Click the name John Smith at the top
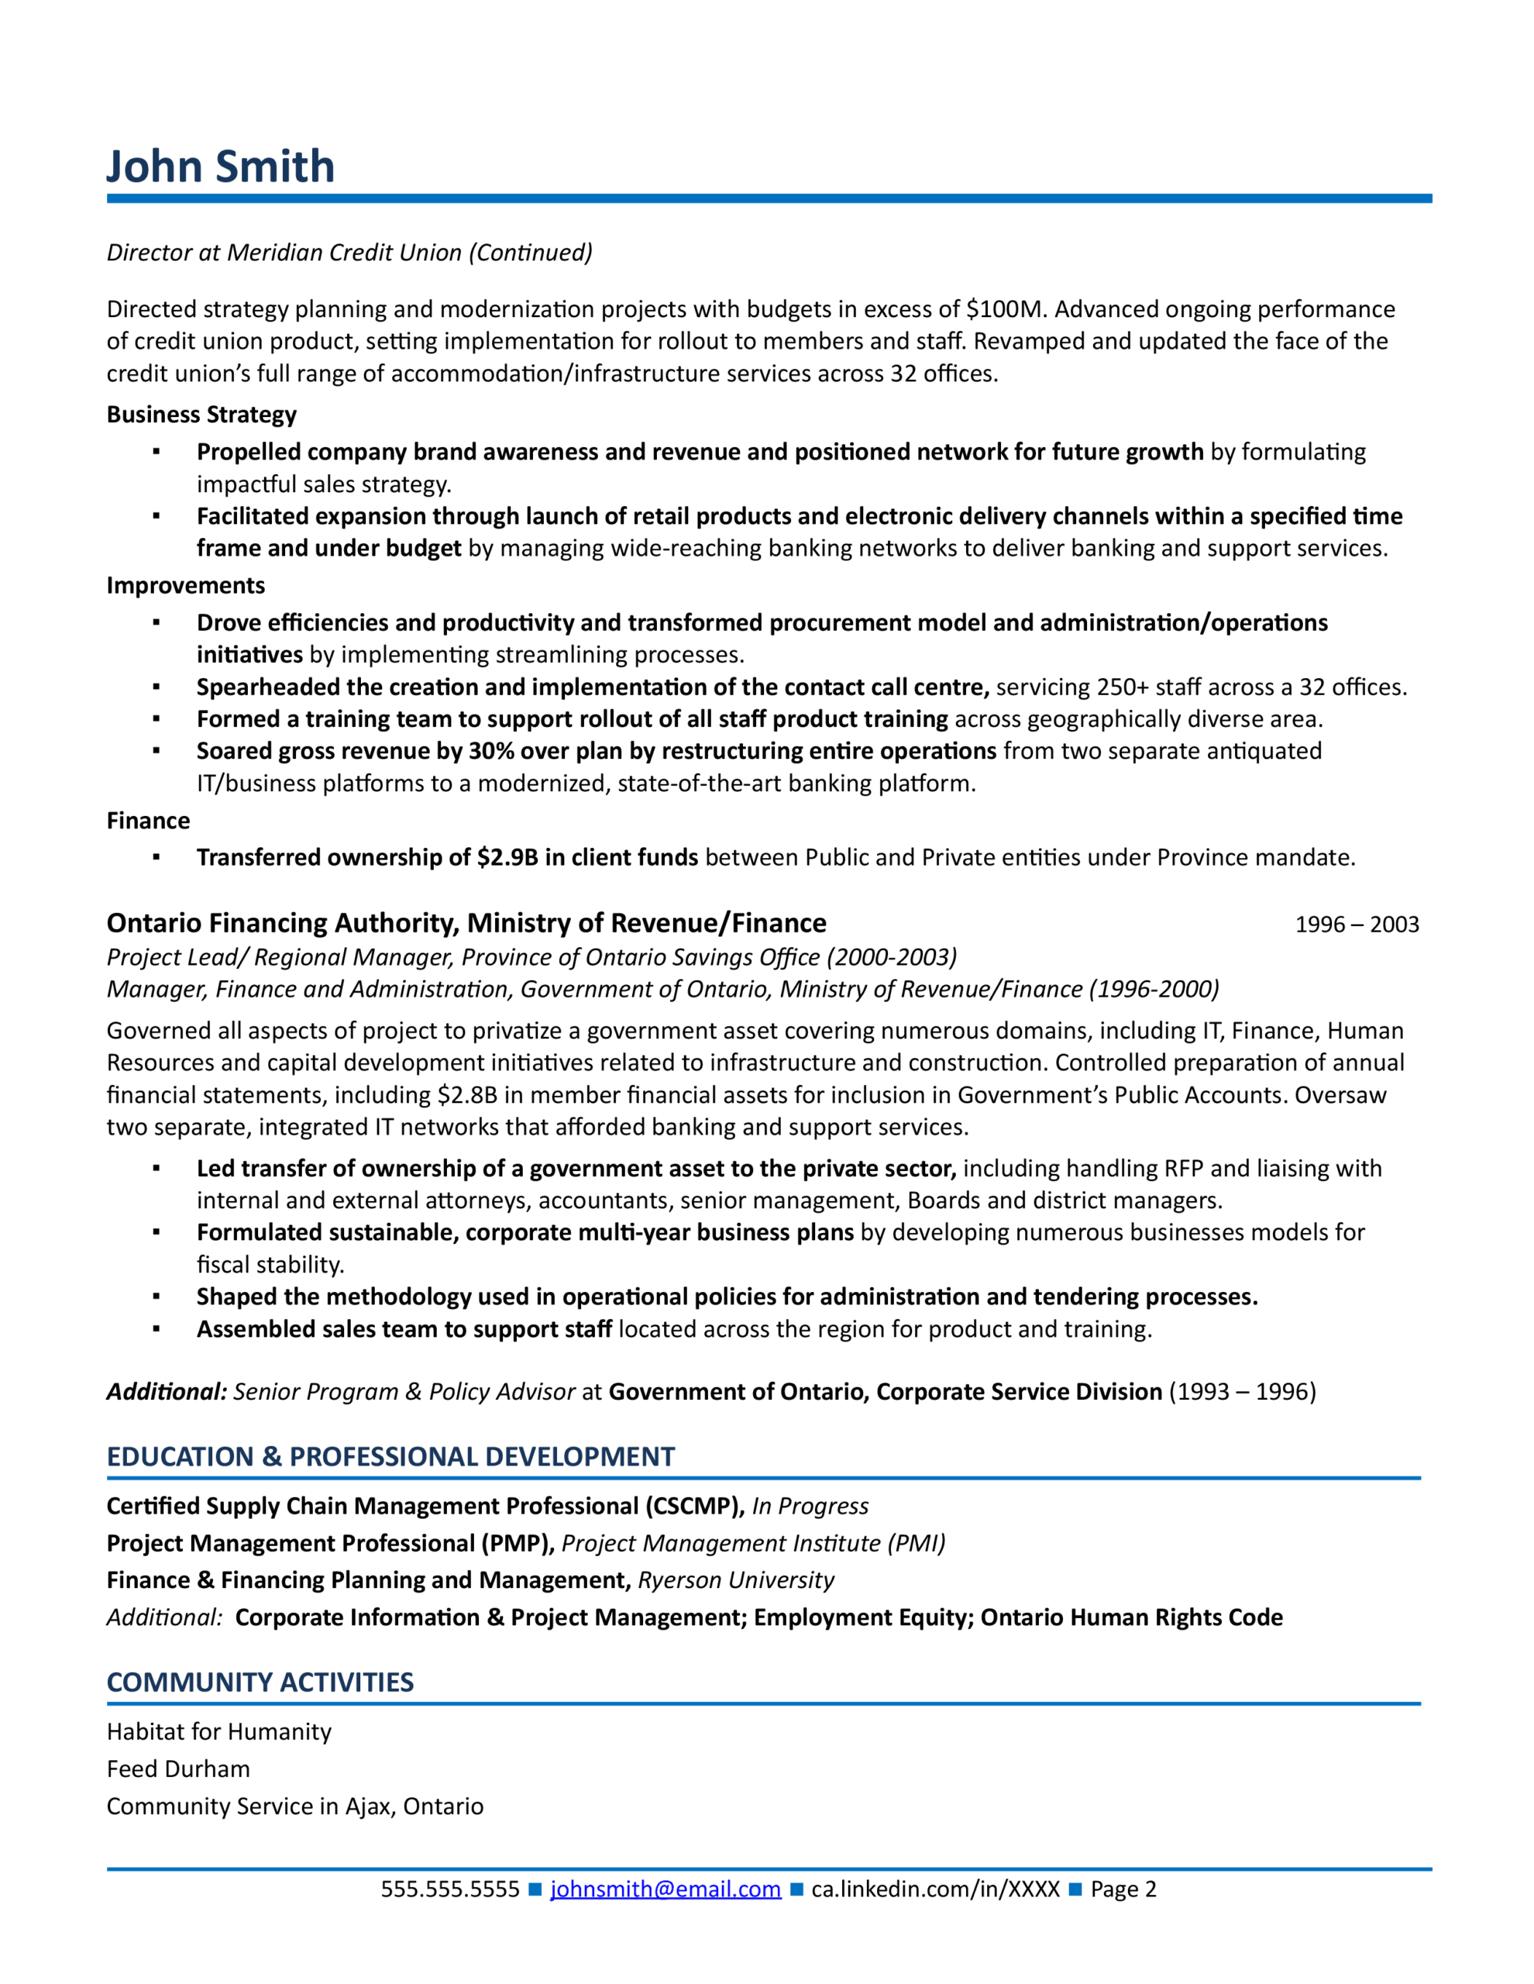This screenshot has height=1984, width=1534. (221, 167)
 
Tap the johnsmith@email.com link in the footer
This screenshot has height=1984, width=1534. (665, 1889)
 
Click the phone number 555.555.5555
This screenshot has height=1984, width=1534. (449, 1889)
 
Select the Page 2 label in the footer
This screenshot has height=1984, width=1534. (1123, 1889)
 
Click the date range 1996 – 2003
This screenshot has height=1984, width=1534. (1356, 925)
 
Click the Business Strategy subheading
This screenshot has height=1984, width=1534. (201, 415)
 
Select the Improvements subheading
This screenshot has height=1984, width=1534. (185, 585)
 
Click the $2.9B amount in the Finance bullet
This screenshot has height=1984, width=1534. (507, 858)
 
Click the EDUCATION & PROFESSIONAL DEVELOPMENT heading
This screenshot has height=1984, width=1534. (390, 1457)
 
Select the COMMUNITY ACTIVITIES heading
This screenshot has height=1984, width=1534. (260, 1683)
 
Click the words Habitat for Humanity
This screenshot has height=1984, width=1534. (219, 1731)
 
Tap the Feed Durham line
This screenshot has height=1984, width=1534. (178, 1769)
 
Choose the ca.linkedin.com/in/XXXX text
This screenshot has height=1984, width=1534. (934, 1889)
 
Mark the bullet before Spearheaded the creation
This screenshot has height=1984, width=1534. (156, 687)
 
